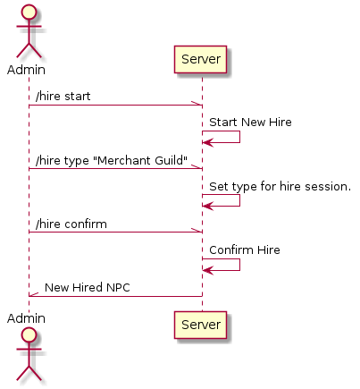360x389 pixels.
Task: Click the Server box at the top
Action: tap(200, 59)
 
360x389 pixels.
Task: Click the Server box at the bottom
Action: tap(200, 325)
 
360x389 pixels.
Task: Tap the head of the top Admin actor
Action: tap(29, 13)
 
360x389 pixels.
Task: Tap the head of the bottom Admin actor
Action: tap(29, 334)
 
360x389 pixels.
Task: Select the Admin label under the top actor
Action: tap(26, 70)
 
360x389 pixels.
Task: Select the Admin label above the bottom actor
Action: tap(26, 318)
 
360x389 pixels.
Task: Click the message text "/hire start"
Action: tap(63, 96)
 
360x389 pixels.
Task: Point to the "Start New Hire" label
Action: tap(250, 122)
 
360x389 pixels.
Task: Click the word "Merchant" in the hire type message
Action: tap(124, 160)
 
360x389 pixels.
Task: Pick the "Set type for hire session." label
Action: tap(280, 186)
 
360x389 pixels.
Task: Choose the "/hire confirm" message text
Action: tap(71, 224)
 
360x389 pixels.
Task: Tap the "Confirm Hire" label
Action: tap(245, 249)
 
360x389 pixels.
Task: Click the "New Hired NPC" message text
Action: tap(88, 287)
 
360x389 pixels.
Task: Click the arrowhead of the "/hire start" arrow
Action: tap(197, 103)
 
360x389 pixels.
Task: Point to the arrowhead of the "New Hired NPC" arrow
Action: tap(34, 294)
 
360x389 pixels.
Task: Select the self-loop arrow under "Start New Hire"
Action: tap(239, 137)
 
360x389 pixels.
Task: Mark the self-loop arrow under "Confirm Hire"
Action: tap(239, 265)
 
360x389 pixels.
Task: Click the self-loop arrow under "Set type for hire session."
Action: tap(239, 200)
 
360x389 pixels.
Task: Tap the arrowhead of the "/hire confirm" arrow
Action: tap(197, 230)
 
